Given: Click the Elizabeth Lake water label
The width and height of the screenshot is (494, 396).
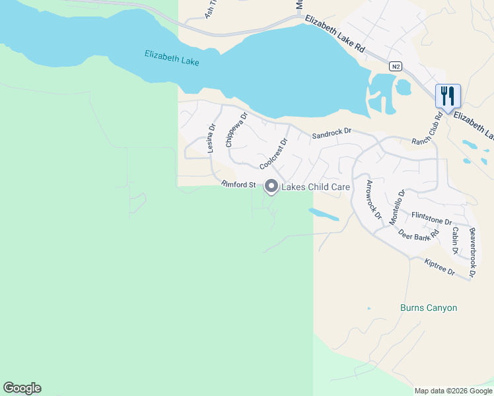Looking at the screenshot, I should coord(172,58).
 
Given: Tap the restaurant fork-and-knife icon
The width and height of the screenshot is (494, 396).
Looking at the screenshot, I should coord(448,96).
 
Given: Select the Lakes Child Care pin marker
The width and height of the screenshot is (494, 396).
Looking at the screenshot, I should coord(271,187).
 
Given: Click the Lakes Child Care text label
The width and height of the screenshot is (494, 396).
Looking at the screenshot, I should coord(316,187).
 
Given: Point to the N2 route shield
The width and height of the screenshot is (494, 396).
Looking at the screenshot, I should coord(395,66).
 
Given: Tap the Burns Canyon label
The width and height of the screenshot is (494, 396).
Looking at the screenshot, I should coord(429,308).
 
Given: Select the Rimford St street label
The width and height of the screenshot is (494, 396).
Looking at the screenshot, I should coord(238,185).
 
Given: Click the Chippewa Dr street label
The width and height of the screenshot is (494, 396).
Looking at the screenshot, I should coord(236,129).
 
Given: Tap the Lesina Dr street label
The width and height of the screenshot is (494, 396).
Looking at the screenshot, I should coord(211,139).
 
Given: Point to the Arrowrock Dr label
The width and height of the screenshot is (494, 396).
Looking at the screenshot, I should coord(374,199).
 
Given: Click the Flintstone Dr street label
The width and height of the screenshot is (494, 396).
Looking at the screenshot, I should coord(431,218).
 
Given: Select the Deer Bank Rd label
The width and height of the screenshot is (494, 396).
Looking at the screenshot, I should coord(419,234).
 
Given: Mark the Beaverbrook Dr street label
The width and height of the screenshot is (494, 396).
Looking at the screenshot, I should coord(472,251).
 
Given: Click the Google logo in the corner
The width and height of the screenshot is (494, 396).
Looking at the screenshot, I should coord(22,388).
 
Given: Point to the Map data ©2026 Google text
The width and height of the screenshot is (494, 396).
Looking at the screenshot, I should coord(453,391).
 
